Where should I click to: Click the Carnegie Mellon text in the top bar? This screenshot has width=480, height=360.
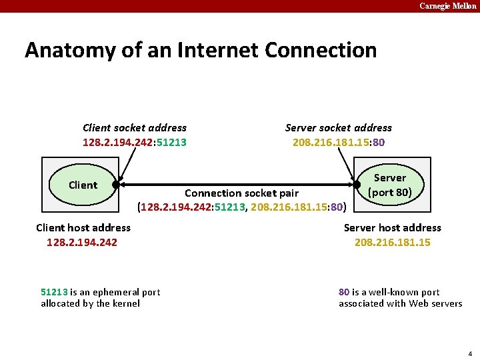point(447,6)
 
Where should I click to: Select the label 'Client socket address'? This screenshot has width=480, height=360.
point(135,127)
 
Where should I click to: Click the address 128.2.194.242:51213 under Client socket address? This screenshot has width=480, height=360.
point(135,142)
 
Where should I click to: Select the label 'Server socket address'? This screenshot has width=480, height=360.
point(339,127)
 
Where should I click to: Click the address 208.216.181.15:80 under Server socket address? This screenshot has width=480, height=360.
point(339,142)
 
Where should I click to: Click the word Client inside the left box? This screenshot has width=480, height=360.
point(83,185)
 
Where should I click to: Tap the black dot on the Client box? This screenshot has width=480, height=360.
point(116,185)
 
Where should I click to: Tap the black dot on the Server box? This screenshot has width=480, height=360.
point(356,185)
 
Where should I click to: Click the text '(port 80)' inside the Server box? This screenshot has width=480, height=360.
point(390,193)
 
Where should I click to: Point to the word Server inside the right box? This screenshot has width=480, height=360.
point(390,178)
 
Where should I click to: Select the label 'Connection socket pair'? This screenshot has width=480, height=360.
point(241,193)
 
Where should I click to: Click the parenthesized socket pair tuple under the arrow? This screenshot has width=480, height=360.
point(241,207)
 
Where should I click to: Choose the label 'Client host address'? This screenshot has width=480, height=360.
point(83,227)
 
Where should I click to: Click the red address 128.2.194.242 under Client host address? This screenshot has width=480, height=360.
point(82,242)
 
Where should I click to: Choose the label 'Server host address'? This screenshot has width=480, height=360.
point(392,227)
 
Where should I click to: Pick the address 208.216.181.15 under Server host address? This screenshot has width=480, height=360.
point(392,242)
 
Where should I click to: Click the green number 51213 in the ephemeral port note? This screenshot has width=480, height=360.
point(54,292)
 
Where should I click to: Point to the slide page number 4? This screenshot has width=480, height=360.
point(470,353)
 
